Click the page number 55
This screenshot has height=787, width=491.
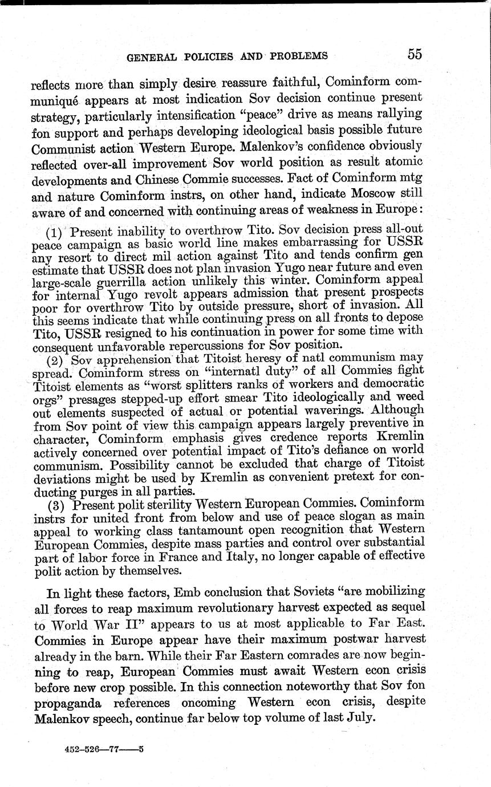[x=415, y=54]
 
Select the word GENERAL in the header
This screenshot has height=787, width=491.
[x=149, y=57]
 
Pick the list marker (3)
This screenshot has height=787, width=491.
[x=56, y=503]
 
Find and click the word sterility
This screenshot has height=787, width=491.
[x=169, y=503]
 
